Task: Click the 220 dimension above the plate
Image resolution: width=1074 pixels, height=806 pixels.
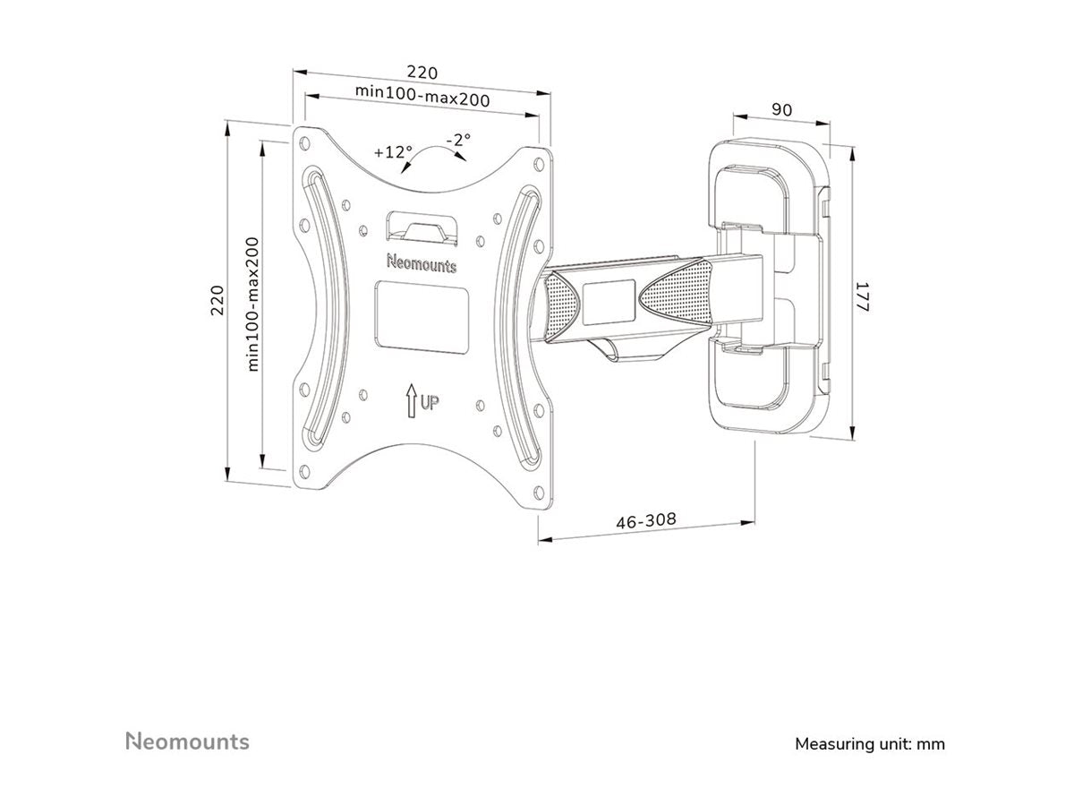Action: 422,73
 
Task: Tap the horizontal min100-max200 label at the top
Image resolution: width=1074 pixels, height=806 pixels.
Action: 422,96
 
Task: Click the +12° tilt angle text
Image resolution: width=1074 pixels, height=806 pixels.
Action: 393,151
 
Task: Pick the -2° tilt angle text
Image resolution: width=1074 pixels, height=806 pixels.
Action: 458,140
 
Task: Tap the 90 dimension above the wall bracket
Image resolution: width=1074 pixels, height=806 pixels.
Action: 780,110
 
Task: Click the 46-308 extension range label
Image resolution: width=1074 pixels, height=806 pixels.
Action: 645,520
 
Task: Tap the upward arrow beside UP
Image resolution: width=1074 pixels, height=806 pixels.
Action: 411,400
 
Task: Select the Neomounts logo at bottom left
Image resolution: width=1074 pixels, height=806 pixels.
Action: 186,742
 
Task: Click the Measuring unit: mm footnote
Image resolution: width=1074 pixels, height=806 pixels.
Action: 869,743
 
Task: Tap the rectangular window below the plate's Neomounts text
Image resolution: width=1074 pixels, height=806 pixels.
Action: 422,313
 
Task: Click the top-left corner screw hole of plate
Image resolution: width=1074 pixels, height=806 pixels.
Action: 307,141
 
